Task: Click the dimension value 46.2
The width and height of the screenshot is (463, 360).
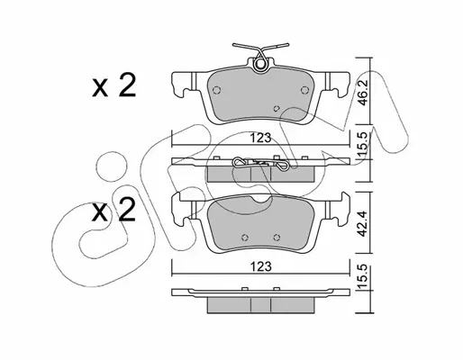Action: point(363,92)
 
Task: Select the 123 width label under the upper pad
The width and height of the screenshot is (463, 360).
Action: point(260,138)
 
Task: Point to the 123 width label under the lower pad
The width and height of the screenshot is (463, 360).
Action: point(260,266)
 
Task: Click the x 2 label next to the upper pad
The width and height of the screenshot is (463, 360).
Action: point(113,85)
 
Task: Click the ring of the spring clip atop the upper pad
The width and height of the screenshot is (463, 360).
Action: point(260,64)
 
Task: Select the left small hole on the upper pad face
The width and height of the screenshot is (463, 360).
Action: point(216,90)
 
